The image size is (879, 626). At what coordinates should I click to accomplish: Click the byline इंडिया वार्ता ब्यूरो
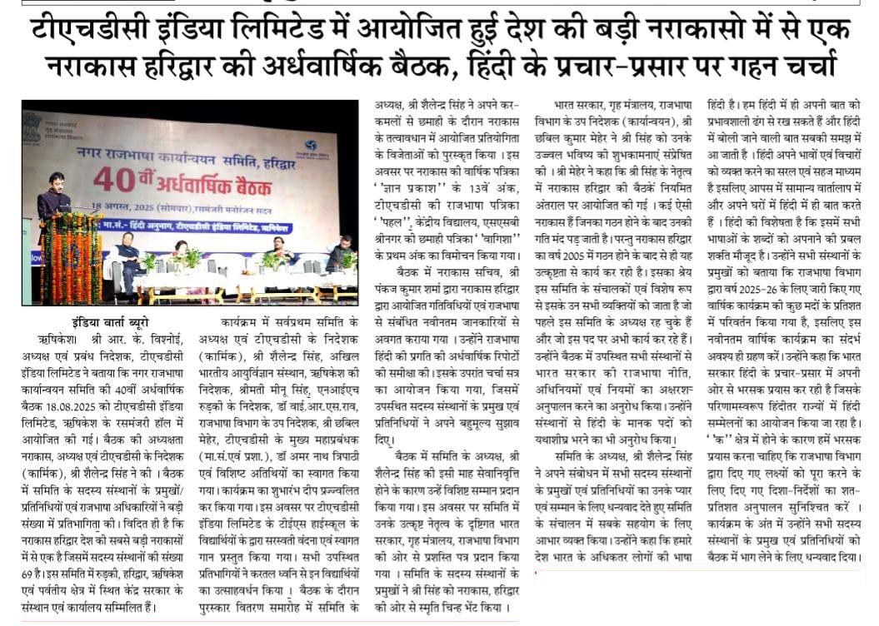(109, 322)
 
